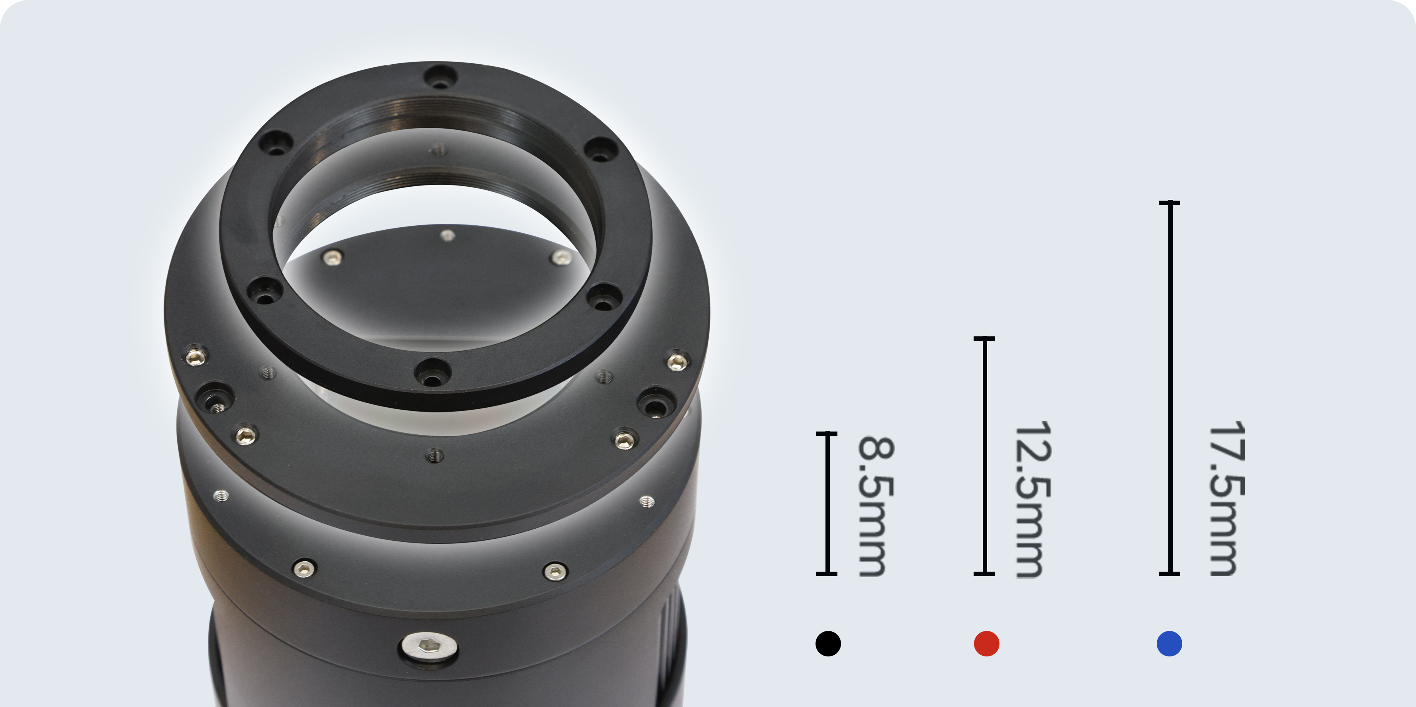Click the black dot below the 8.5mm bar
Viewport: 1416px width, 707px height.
[x=828, y=643]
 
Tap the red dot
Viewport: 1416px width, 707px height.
[x=986, y=643]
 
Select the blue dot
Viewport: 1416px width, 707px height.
[x=1169, y=643]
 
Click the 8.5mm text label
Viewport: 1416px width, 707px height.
[x=876, y=506]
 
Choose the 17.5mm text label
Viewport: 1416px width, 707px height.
[x=1227, y=499]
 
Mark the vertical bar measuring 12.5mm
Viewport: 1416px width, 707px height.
[x=984, y=456]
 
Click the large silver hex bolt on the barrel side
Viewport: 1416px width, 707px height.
[x=429, y=646]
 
